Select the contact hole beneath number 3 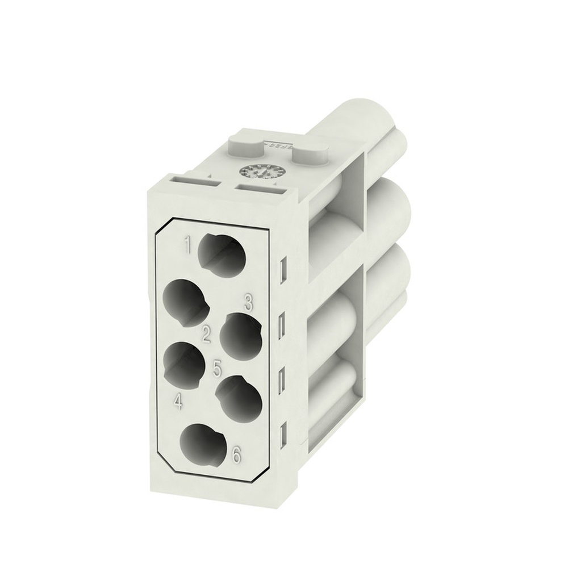[240, 335]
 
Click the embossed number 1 [186, 245]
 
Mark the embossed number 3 [248, 303]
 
